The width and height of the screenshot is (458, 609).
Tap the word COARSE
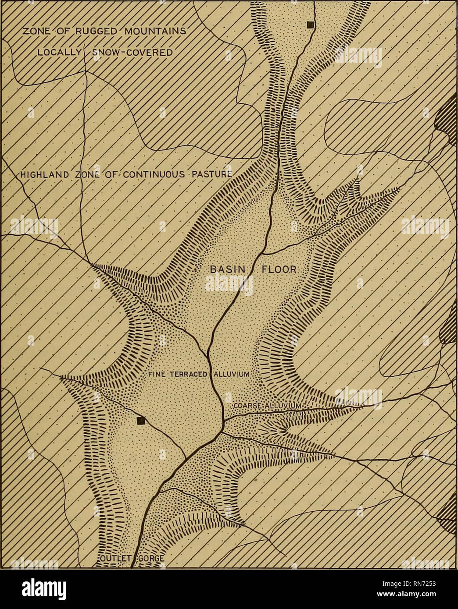(247, 406)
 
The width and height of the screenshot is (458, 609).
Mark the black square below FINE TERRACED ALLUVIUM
(140, 421)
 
